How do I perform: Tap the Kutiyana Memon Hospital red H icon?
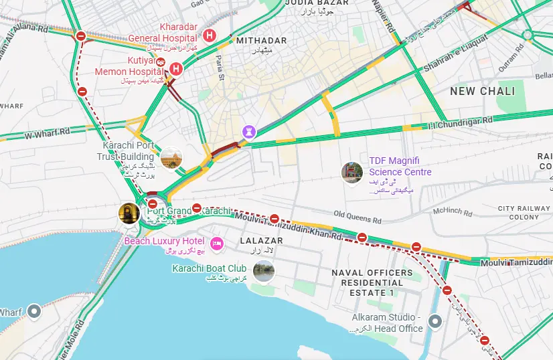coord(176,68)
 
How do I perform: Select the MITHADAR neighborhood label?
coord(261,41)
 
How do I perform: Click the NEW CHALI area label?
coord(482,91)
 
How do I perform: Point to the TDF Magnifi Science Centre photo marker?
coord(351,173)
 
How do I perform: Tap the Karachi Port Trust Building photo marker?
coord(171,157)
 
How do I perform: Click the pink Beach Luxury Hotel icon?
coord(216,243)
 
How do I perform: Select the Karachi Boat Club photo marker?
coord(264,271)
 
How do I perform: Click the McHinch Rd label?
coord(452,211)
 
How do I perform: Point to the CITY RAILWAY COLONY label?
coord(524,213)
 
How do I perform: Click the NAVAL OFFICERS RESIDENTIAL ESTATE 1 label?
coord(372,282)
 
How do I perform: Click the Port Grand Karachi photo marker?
coord(129,213)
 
